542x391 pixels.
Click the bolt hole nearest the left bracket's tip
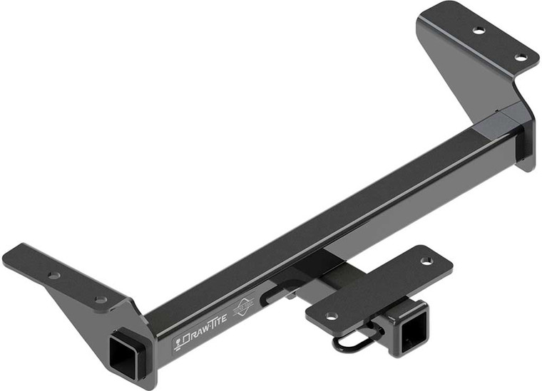click(x=54, y=274)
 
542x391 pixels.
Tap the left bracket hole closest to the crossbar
click(x=101, y=299)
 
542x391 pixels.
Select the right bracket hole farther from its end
click(x=479, y=30)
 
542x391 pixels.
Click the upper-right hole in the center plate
click(x=426, y=261)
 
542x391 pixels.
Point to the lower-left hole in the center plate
click(x=331, y=315)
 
